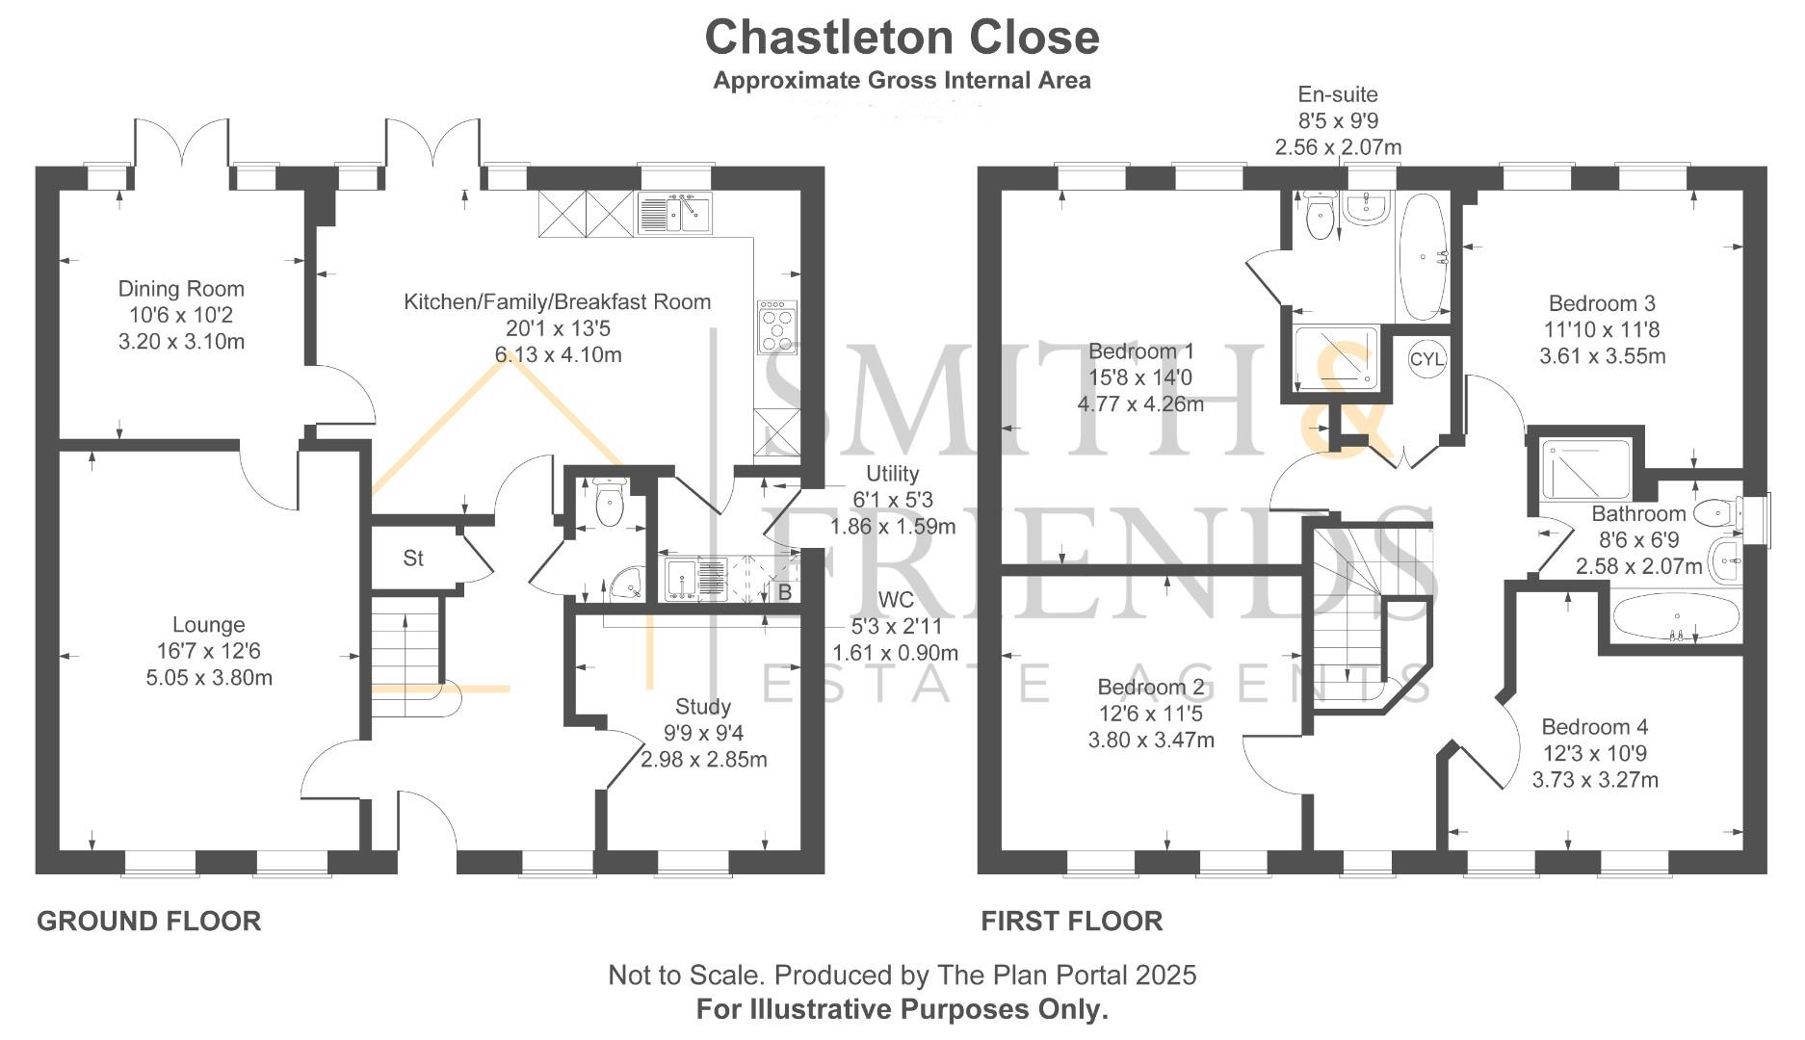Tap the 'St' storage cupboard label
click(x=413, y=559)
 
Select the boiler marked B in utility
click(x=784, y=592)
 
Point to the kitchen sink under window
click(x=674, y=214)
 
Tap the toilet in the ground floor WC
click(x=609, y=503)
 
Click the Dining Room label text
click(x=181, y=289)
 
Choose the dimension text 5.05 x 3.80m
click(x=209, y=678)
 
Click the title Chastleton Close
click(x=902, y=39)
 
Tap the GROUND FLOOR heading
click(x=149, y=922)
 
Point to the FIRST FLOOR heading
click(x=1071, y=922)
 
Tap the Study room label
click(x=702, y=707)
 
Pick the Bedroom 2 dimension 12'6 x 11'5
click(x=1150, y=715)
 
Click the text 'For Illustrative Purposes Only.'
click(x=902, y=1010)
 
